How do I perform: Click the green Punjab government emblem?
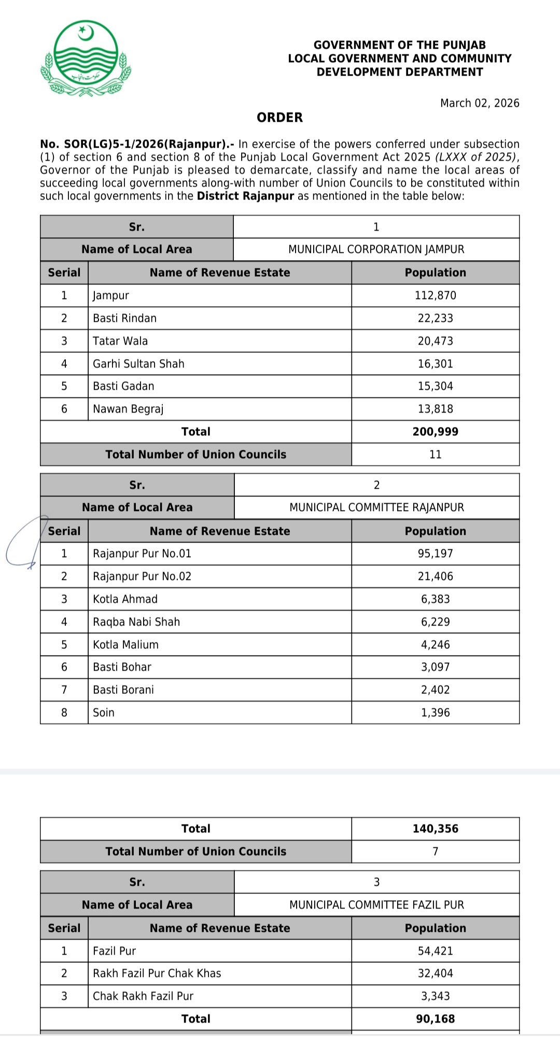[86, 59]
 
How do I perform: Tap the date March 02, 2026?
[480, 103]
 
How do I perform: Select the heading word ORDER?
[279, 118]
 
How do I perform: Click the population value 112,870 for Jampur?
[435, 295]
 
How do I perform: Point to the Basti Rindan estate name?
[124, 318]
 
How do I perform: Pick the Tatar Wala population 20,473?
[435, 341]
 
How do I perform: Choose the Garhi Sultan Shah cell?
[138, 364]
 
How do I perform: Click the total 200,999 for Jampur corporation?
[435, 432]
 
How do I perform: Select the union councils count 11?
[435, 454]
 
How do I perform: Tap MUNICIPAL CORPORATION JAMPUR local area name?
[376, 249]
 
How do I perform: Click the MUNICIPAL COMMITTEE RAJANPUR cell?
[376, 507]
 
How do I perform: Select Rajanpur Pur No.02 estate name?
[142, 576]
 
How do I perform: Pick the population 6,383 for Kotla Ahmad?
[435, 599]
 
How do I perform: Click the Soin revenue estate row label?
[104, 713]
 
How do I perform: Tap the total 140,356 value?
[435, 829]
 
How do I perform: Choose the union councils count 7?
[435, 851]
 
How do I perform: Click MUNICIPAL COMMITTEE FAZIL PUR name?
[376, 905]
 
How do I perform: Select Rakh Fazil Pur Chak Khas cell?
[157, 973]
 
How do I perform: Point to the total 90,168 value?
[435, 1019]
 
